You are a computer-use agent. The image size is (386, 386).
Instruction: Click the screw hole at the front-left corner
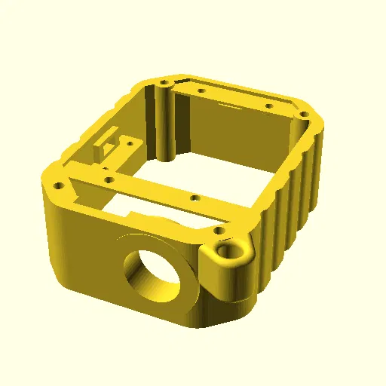click(56, 184)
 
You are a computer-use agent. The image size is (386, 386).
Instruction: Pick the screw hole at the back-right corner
click(304, 115)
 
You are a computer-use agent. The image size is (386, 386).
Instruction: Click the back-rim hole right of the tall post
click(201, 91)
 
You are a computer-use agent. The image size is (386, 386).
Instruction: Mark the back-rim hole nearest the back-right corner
click(268, 106)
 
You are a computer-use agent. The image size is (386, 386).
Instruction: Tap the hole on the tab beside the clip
click(130, 141)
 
